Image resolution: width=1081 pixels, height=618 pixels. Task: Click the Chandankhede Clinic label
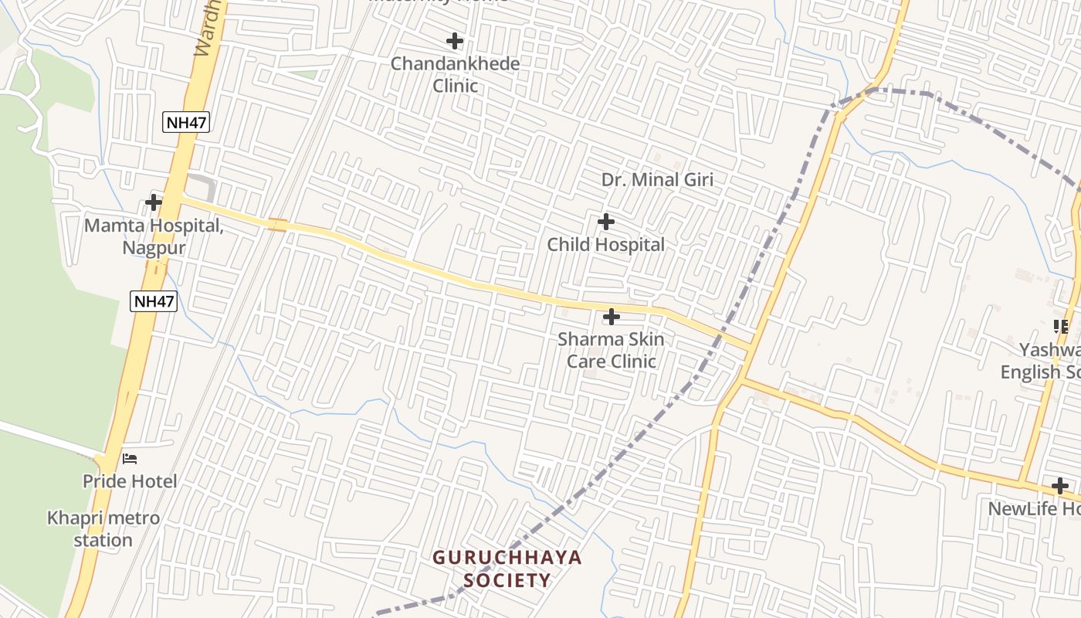(455, 74)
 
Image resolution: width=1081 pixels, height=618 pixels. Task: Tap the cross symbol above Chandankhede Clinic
(455, 40)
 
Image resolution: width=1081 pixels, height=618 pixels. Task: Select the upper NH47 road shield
(187, 122)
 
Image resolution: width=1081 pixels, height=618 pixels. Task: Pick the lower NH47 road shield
(154, 301)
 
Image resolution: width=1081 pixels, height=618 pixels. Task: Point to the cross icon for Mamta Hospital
(154, 202)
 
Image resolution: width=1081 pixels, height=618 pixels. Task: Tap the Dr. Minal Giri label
(657, 180)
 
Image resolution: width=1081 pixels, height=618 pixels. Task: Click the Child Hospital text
(605, 245)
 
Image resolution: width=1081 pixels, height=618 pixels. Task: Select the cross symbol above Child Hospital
(606, 222)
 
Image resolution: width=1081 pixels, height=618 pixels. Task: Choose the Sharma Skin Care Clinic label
(611, 350)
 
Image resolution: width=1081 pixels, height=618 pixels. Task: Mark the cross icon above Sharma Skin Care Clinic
(611, 317)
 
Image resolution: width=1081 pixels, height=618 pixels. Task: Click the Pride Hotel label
(130, 481)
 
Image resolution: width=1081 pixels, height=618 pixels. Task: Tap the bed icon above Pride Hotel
(130, 459)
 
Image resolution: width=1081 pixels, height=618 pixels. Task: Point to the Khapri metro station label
(103, 528)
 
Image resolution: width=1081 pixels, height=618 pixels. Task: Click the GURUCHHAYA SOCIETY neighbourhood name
(507, 569)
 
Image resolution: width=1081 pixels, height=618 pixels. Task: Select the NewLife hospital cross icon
(1060, 486)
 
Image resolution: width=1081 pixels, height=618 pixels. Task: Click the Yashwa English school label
(1041, 361)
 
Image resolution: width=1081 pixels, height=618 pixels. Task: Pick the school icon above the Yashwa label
(1061, 327)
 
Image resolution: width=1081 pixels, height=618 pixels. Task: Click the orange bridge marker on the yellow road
(278, 226)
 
